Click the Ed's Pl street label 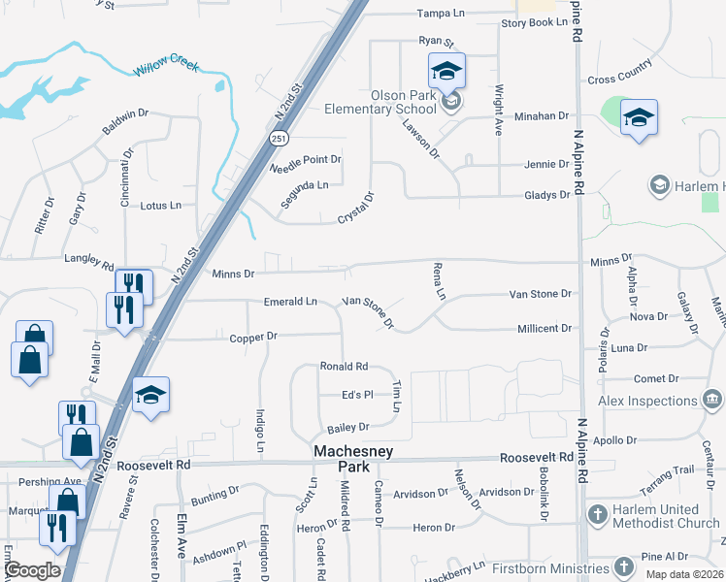click(356, 395)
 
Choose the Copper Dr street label click(253, 336)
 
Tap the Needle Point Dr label click(306, 160)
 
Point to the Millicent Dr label click(544, 329)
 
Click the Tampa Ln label click(442, 14)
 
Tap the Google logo click(31, 570)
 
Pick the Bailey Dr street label click(348, 427)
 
